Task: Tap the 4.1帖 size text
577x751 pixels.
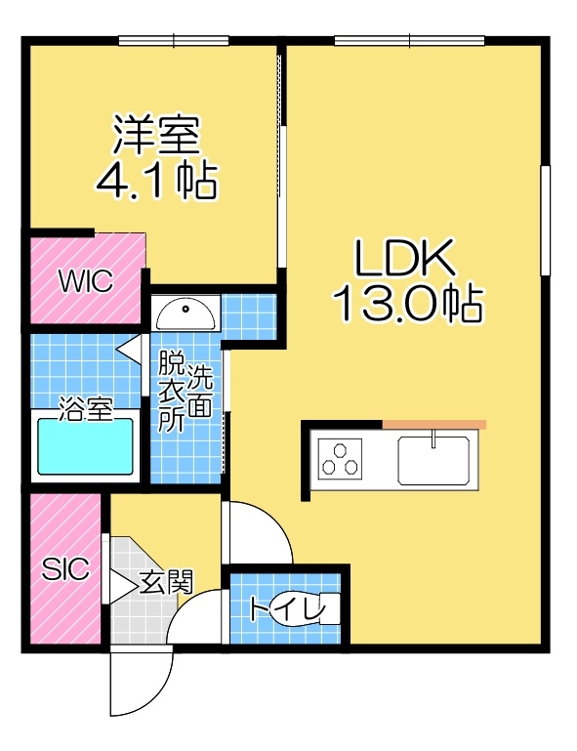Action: [156, 181]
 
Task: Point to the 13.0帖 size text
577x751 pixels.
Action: [407, 304]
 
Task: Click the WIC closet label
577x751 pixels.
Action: [86, 281]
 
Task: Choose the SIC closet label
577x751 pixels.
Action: [65, 569]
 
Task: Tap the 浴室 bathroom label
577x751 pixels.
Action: [86, 410]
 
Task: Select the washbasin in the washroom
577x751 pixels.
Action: [185, 313]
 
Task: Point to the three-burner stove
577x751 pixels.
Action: [341, 458]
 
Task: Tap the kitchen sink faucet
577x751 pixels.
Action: [433, 438]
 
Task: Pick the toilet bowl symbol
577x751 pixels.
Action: [309, 609]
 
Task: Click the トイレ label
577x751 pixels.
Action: [287, 609]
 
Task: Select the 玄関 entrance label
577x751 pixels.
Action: [166, 581]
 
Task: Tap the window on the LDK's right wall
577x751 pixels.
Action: [545, 221]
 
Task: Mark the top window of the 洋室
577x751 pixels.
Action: [174, 41]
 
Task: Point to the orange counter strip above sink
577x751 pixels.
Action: [433, 425]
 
